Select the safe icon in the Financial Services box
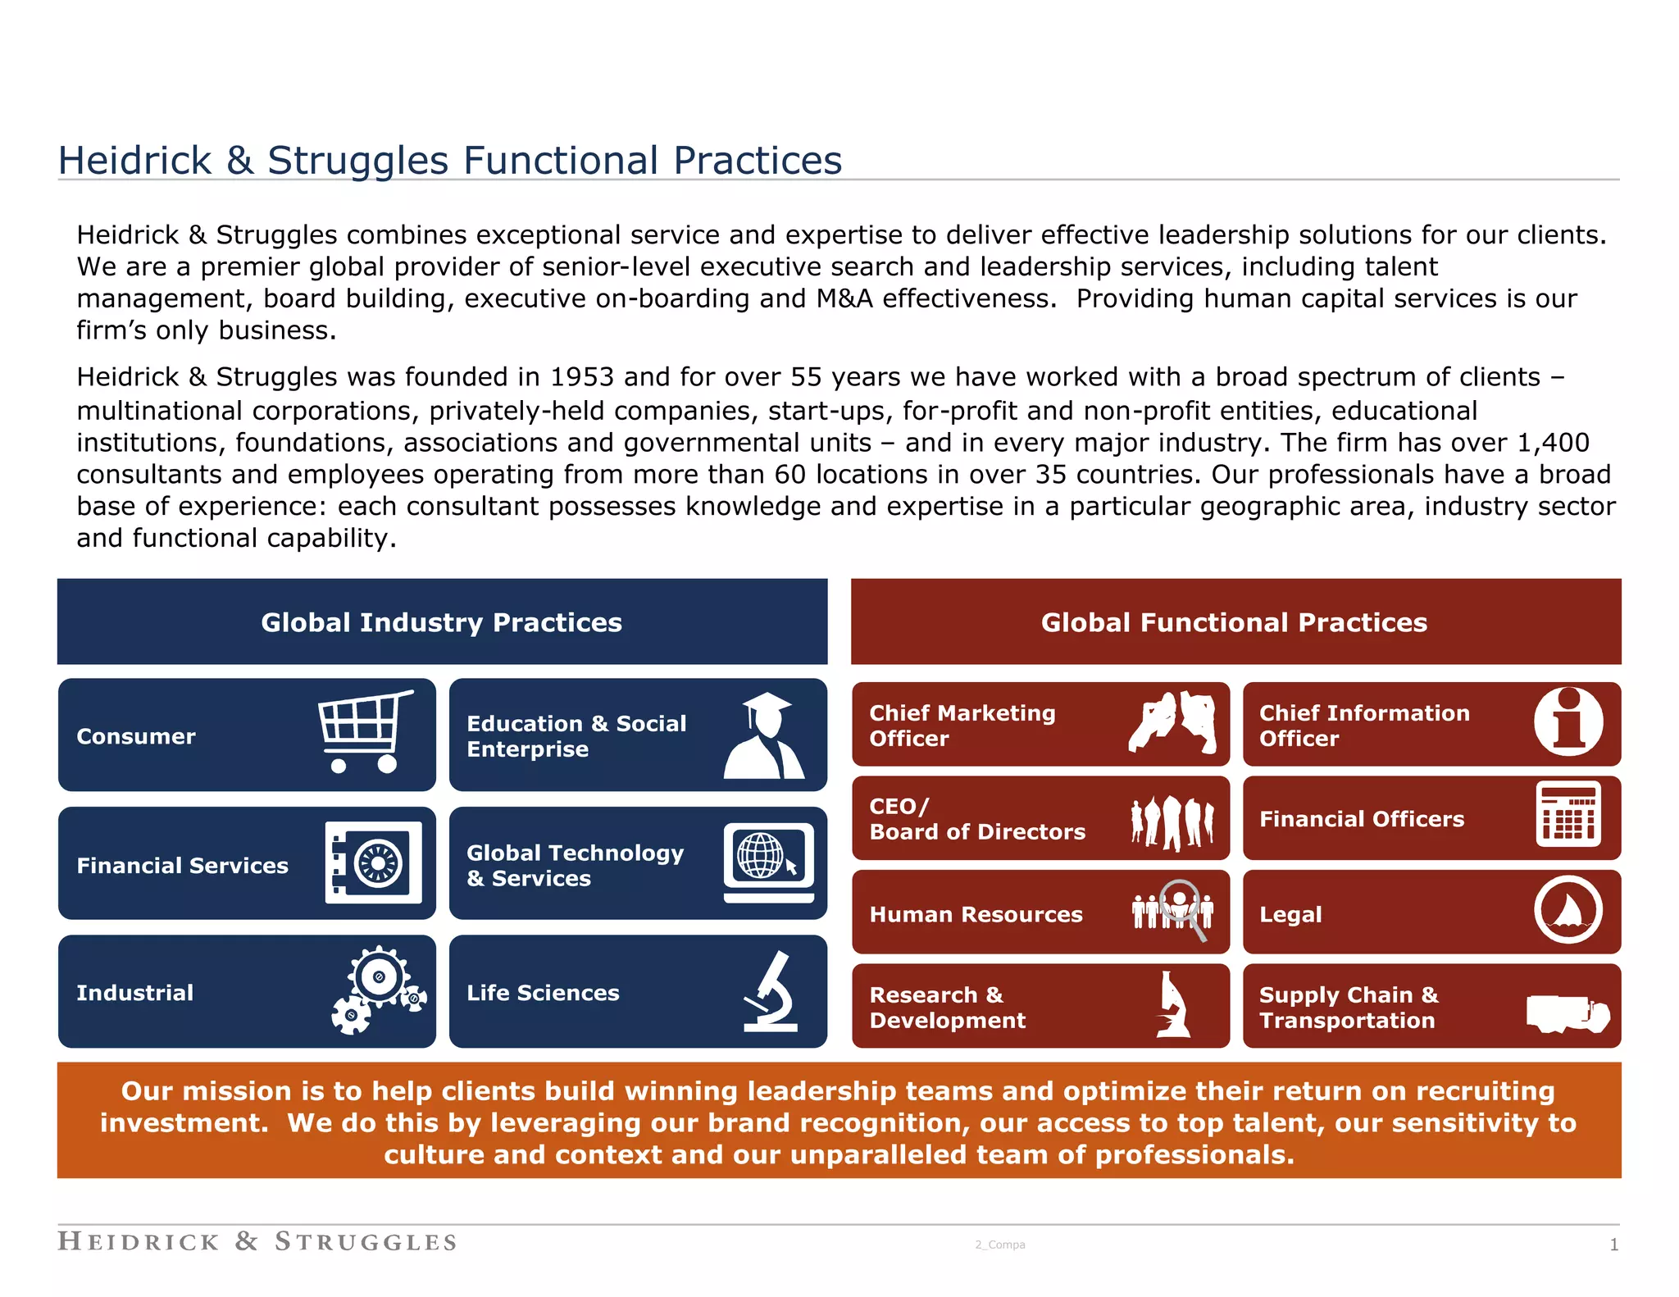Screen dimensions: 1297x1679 (x=373, y=862)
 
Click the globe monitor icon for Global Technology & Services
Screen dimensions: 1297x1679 (x=768, y=862)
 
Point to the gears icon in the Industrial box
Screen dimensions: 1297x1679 (x=378, y=990)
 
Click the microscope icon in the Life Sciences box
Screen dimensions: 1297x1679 (x=771, y=991)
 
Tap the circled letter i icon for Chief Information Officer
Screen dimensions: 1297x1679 (x=1568, y=721)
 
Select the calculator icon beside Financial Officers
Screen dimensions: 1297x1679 (x=1568, y=814)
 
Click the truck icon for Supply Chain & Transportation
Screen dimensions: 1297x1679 (x=1567, y=1013)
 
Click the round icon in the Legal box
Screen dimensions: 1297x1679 (x=1568, y=909)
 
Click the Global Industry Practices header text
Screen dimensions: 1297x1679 (x=441, y=622)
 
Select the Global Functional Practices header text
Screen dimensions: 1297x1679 (x=1234, y=622)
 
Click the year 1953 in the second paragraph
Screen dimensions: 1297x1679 (x=582, y=377)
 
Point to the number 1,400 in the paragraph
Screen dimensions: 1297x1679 (x=1553, y=443)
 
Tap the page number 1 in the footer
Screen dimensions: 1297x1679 (x=1613, y=1245)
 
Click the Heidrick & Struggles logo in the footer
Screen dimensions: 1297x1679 (x=257, y=1241)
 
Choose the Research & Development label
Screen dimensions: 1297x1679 (x=947, y=1008)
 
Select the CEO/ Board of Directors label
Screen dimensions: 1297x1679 (x=976, y=819)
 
